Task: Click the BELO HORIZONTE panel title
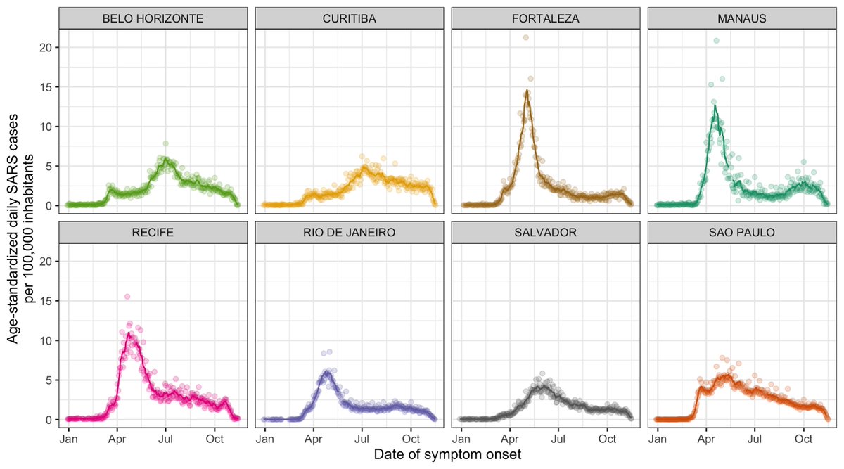pos(153,19)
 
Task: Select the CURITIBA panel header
pos(348,19)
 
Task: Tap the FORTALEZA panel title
pos(544,19)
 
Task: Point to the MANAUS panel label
pos(741,19)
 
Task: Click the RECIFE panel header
pos(153,233)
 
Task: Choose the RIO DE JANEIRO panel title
pos(348,233)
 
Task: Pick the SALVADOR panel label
pos(544,233)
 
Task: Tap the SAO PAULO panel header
pos(741,233)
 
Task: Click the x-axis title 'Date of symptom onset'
pos(447,455)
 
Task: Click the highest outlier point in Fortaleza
pos(525,38)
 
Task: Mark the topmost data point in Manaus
pos(716,41)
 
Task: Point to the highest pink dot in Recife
pos(127,297)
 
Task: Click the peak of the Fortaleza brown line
pos(527,91)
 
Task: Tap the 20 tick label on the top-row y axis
pos(44,47)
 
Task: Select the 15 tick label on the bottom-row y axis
pos(44,301)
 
